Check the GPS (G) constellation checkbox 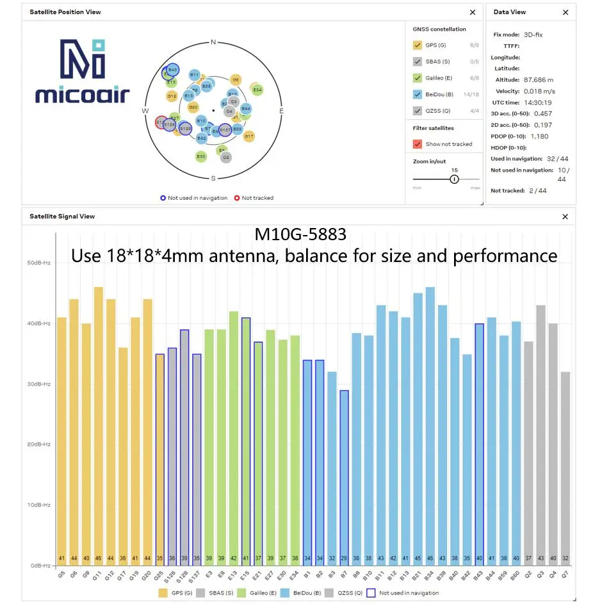[x=418, y=45]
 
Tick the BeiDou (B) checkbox [x=418, y=94]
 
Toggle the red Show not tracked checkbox [x=418, y=144]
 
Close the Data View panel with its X [x=565, y=12]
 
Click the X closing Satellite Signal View [x=565, y=216]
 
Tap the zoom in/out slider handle [x=454, y=179]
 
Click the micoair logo [x=82, y=71]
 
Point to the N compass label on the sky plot [x=213, y=42]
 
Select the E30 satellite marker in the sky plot [x=201, y=156]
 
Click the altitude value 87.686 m [x=539, y=80]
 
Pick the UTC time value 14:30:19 [x=537, y=102]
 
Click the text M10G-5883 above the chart [x=300, y=234]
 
